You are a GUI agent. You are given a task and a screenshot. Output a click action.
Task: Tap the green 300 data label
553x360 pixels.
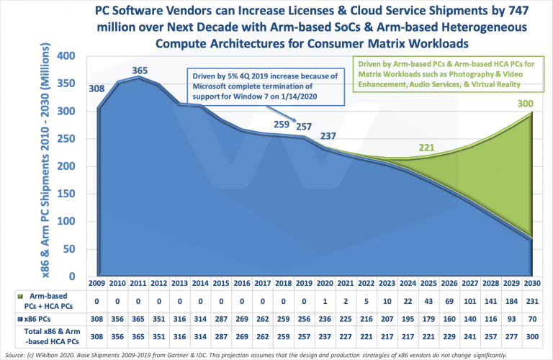point(526,105)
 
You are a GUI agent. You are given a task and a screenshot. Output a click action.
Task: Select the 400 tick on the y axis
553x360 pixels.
point(74,56)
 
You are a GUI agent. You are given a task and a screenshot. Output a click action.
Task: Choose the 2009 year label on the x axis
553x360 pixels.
point(99,283)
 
